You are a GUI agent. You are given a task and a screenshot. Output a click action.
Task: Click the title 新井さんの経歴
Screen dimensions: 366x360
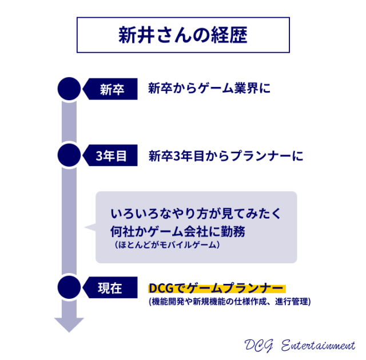183,35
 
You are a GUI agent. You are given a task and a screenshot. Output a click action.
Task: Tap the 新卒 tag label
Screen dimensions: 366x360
112,89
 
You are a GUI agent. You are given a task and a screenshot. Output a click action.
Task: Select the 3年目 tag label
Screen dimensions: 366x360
111,156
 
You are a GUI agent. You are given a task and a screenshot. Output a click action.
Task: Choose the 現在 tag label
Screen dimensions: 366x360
110,288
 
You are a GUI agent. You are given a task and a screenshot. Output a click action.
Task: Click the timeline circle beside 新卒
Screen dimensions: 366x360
69,89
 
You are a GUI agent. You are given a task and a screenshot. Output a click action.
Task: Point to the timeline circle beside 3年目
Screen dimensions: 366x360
69,155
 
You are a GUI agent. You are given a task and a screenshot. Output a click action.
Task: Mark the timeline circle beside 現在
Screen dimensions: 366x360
69,287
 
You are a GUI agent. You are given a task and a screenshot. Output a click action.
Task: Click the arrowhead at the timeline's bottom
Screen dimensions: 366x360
69,325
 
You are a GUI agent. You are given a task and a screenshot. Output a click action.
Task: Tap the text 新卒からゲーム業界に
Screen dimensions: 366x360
209,88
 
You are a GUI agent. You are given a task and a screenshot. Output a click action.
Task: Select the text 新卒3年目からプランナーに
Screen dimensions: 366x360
226,156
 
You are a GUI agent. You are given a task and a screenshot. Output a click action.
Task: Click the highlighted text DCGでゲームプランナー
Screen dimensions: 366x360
216,288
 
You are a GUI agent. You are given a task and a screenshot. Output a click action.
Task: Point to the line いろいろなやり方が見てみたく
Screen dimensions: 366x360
196,213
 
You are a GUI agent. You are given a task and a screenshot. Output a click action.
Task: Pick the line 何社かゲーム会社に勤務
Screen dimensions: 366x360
178,232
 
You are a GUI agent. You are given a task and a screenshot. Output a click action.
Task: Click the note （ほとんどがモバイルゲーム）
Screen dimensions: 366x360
167,245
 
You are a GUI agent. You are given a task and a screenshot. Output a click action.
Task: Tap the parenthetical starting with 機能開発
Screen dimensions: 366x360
230,302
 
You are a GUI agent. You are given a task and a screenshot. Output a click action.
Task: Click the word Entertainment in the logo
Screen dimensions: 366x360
318,346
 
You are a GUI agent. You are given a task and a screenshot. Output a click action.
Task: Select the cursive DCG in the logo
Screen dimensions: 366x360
258,346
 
